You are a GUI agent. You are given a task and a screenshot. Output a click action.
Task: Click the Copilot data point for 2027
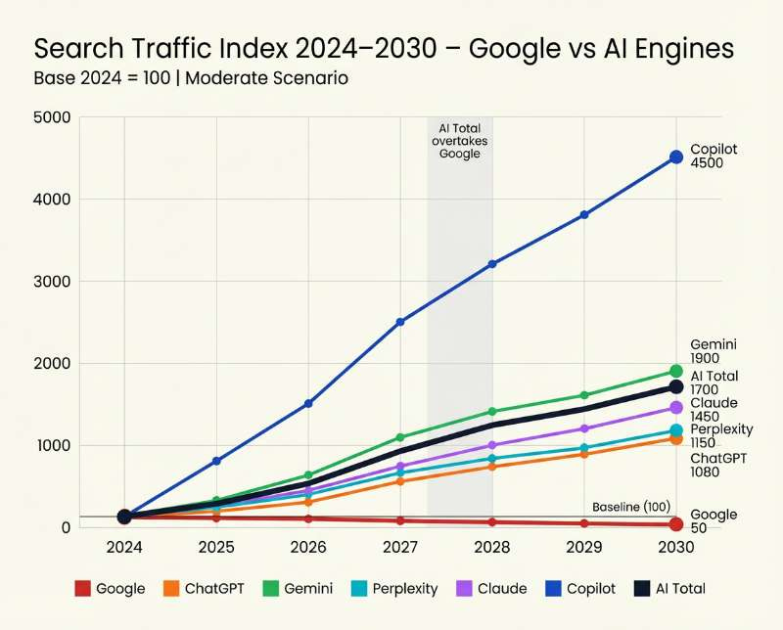point(399,322)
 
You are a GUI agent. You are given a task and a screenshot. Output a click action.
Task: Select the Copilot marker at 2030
point(675,157)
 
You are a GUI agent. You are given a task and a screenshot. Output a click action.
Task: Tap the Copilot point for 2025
point(216,461)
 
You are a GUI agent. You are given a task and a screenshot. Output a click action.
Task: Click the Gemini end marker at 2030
point(675,371)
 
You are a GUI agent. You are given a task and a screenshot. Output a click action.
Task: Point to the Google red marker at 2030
point(675,525)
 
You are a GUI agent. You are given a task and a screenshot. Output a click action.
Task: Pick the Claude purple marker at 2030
point(675,407)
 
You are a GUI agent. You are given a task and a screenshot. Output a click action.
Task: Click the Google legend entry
point(110,588)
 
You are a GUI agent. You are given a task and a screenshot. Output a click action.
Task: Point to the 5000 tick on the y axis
point(53,117)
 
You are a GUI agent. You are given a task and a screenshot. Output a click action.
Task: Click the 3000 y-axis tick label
point(53,282)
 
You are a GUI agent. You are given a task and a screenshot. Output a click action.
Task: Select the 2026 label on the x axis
point(308,546)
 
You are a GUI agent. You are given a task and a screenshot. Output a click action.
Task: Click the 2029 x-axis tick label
point(584,546)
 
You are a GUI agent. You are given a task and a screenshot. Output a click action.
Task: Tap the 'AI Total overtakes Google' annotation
point(460,141)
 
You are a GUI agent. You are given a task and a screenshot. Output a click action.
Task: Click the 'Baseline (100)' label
point(629,507)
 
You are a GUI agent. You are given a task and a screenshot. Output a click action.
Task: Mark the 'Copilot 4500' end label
point(714,157)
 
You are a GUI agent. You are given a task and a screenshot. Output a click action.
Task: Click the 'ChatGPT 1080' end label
point(718,465)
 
